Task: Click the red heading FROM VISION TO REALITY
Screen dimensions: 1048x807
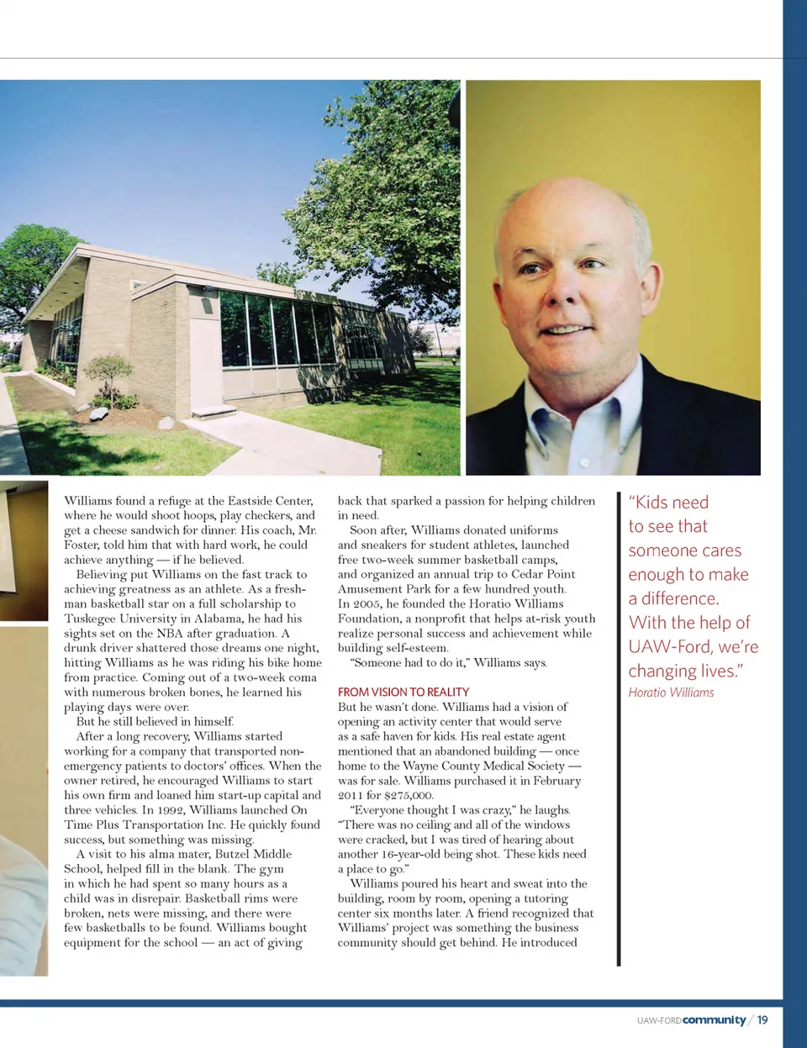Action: pyautogui.click(x=403, y=692)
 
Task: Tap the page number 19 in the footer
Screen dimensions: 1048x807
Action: pyautogui.click(x=762, y=1019)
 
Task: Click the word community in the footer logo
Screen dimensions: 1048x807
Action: pyautogui.click(x=714, y=1019)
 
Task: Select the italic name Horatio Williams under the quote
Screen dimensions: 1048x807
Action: pyautogui.click(x=671, y=693)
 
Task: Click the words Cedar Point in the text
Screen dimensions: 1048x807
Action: pyautogui.click(x=543, y=574)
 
